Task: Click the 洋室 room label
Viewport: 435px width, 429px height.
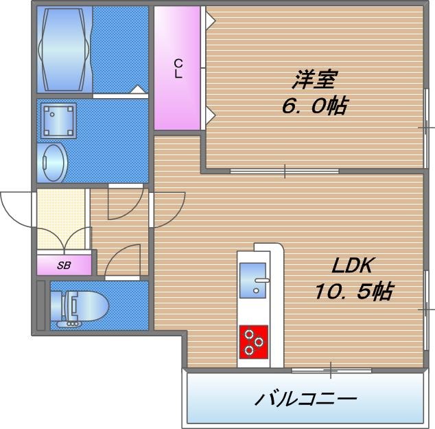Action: tap(314, 80)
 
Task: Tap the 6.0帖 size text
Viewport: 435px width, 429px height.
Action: tap(313, 106)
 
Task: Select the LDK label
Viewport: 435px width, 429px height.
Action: tap(355, 266)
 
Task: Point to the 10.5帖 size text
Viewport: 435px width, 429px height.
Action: tap(353, 292)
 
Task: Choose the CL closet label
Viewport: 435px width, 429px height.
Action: tap(178, 69)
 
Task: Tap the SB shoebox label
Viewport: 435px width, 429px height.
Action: tap(63, 265)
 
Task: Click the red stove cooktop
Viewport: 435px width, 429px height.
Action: tap(254, 341)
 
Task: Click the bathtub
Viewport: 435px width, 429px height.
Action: tap(66, 49)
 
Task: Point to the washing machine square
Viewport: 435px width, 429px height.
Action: tap(58, 121)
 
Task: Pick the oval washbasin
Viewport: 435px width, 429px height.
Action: tap(54, 162)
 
